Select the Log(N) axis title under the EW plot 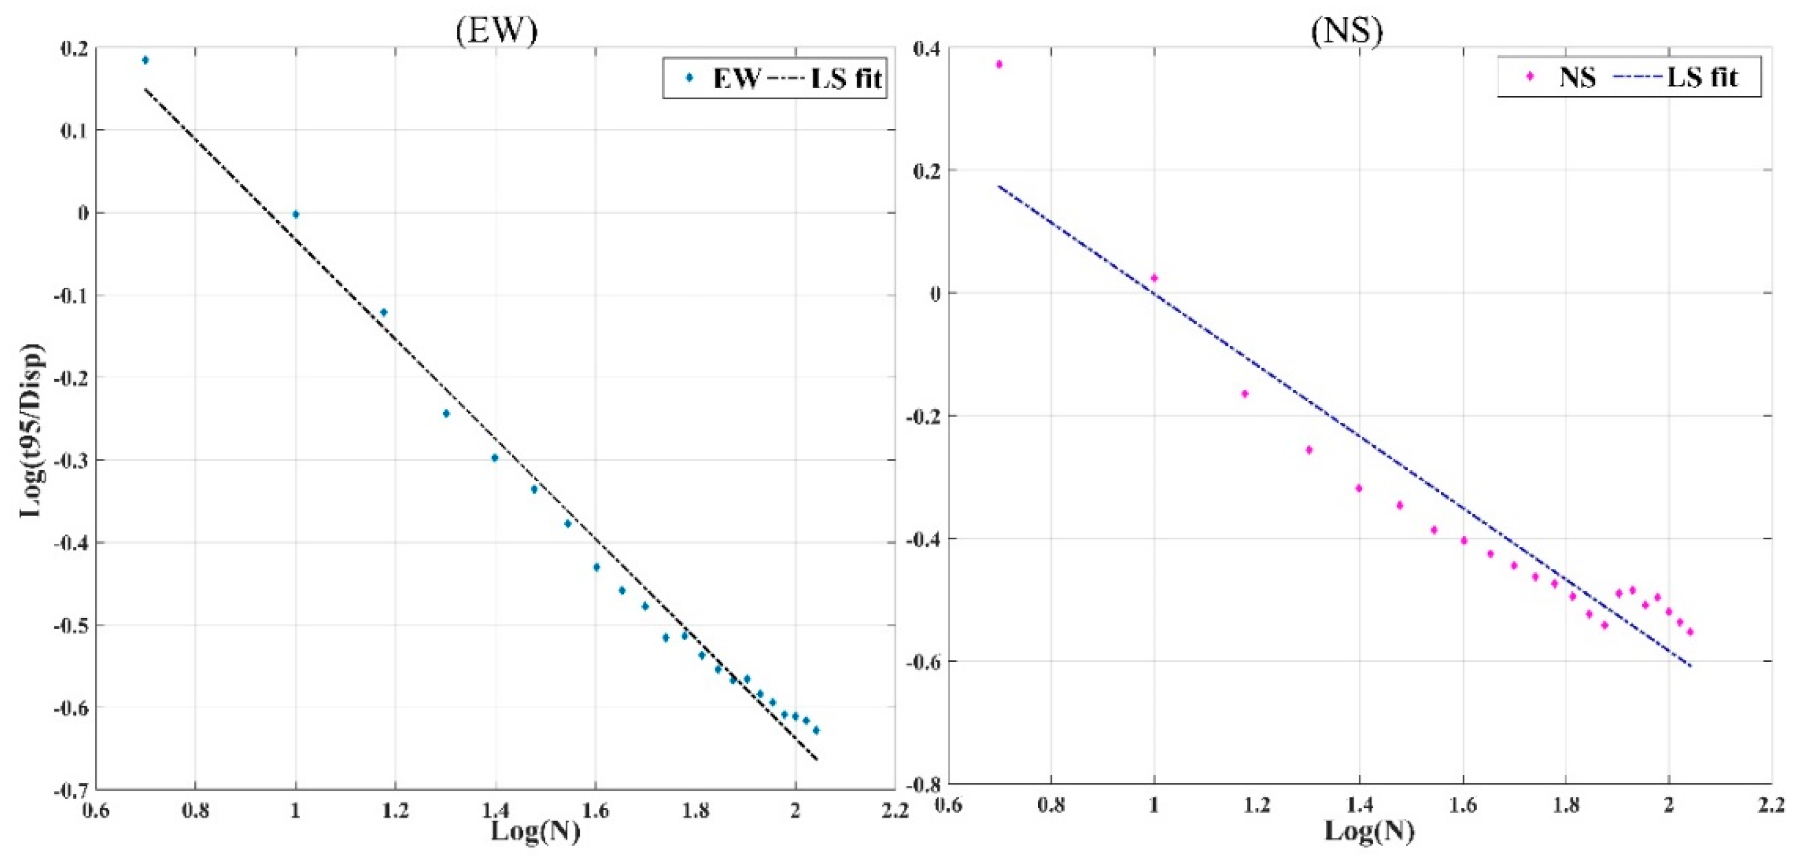pyautogui.click(x=535, y=831)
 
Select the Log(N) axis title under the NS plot pyautogui.click(x=1369, y=830)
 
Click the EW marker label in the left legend pyautogui.click(x=735, y=78)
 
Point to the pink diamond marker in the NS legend pyautogui.click(x=1530, y=77)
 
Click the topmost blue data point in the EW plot pyautogui.click(x=145, y=60)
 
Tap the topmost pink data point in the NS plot pyautogui.click(x=999, y=64)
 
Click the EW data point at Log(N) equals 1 pyautogui.click(x=295, y=214)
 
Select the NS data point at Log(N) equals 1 pyautogui.click(x=1154, y=278)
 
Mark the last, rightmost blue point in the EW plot pyautogui.click(x=816, y=730)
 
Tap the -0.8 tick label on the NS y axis pyautogui.click(x=922, y=783)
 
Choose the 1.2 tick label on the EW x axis pyautogui.click(x=395, y=811)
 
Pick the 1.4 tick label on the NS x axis pyautogui.click(x=1359, y=805)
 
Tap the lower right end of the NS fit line pyautogui.click(x=1690, y=666)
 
